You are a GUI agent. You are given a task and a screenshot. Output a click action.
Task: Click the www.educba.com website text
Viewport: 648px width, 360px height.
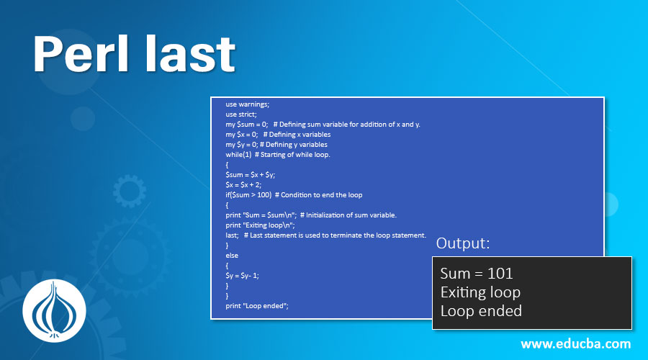point(575,343)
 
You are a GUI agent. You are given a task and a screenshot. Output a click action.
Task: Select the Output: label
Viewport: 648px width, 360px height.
point(463,243)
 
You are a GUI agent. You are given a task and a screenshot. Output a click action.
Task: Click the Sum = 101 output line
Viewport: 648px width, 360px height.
point(477,274)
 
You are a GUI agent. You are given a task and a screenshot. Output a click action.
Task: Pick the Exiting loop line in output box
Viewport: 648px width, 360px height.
point(480,292)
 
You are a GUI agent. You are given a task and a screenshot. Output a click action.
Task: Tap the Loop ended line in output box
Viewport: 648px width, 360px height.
point(481,311)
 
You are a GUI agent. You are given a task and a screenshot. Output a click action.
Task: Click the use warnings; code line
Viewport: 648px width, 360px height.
point(248,104)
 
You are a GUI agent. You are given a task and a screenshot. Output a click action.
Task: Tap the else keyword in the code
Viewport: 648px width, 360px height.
point(232,255)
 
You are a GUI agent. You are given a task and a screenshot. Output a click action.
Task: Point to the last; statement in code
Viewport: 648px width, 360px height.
point(233,235)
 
